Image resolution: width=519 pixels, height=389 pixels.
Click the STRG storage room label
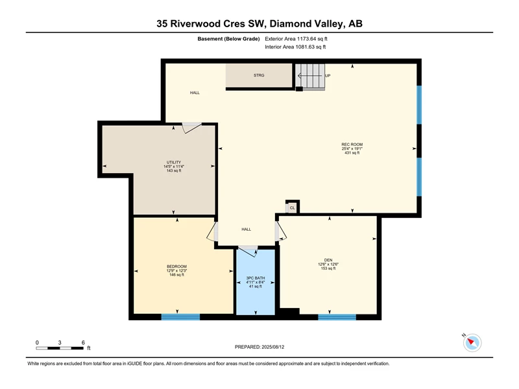[259, 75]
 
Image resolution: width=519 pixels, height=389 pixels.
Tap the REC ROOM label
[352, 145]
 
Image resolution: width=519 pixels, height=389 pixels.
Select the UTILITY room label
[174, 163]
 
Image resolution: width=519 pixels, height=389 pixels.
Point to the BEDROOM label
[176, 266]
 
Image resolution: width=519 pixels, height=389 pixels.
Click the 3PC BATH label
[256, 278]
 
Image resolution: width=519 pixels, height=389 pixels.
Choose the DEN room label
[328, 261]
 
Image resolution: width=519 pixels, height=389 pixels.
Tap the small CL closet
[292, 207]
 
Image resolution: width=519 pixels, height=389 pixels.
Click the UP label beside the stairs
[328, 76]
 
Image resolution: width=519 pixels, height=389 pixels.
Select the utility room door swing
[191, 128]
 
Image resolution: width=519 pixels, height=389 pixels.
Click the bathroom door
[248, 251]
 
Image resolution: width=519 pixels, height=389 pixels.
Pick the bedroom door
[212, 231]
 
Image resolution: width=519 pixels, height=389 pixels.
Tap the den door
[281, 231]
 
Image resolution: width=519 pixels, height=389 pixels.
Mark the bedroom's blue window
[180, 317]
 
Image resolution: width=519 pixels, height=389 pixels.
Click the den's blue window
[337, 317]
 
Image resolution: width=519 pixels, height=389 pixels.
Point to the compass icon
[472, 343]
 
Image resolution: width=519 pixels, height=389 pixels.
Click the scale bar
[60, 348]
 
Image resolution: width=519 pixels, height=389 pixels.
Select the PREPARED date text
[259, 347]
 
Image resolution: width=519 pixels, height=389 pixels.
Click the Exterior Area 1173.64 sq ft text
[296, 39]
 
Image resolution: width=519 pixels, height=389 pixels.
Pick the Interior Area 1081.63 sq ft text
[295, 47]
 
